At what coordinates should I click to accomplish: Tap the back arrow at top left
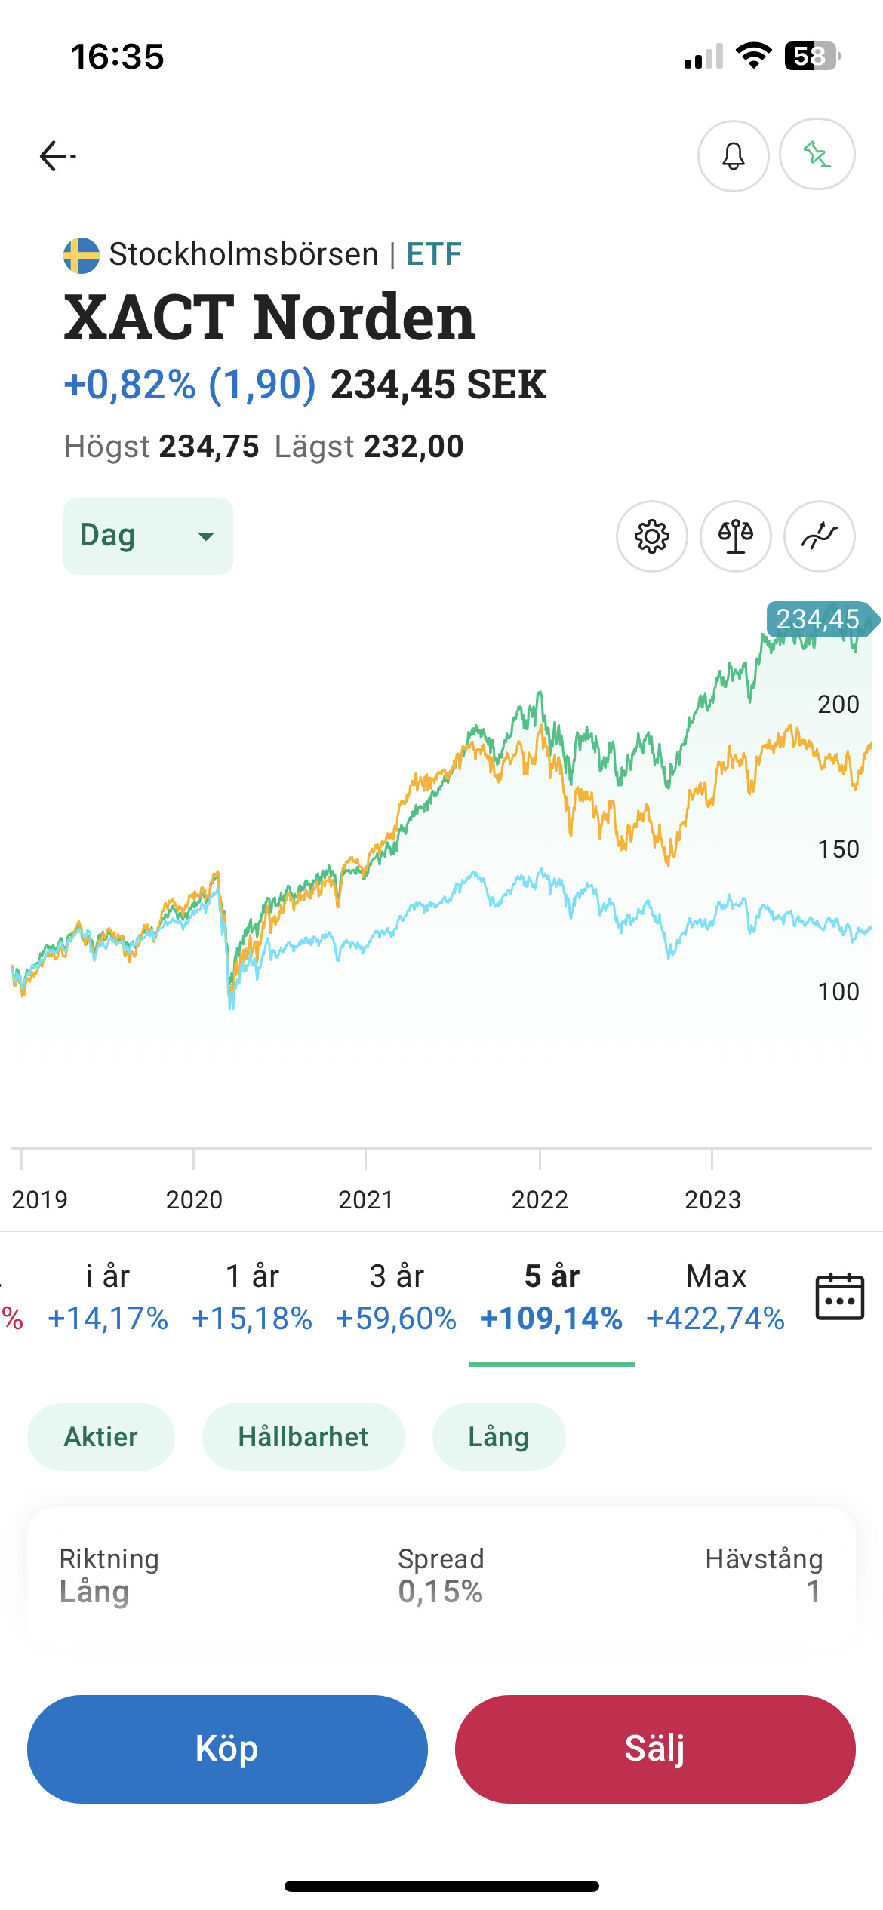point(57,156)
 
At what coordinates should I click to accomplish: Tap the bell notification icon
point(733,156)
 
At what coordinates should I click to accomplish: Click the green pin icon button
point(817,155)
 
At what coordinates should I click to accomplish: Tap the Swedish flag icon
point(82,255)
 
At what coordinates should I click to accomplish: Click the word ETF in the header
point(434,254)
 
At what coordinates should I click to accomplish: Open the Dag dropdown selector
point(148,536)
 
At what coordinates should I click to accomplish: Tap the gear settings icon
point(652,536)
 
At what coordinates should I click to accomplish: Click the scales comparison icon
point(736,536)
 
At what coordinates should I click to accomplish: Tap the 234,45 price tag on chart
point(818,619)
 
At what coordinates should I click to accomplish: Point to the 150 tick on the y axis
point(838,849)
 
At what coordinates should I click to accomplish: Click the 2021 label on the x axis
point(366,1199)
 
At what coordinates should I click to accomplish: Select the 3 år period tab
point(396,1296)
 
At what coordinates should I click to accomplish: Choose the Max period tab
point(715,1296)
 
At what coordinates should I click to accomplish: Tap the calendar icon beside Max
point(839,1296)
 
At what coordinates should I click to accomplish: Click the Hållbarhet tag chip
point(303,1437)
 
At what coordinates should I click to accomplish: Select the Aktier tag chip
point(101,1437)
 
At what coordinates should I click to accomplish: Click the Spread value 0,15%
point(441,1592)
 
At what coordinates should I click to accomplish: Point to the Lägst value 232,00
point(414,447)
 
